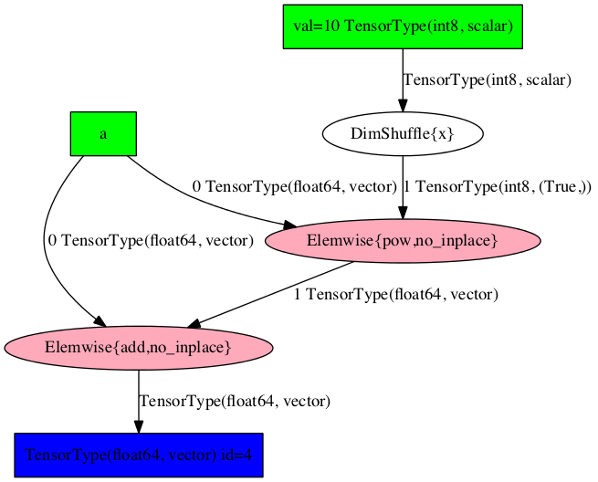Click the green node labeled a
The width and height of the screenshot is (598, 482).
tap(103, 133)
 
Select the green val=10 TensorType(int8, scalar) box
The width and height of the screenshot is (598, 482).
tap(403, 26)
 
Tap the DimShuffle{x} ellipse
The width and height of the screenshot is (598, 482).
tap(403, 134)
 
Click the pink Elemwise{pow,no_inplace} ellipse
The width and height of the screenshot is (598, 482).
tap(403, 241)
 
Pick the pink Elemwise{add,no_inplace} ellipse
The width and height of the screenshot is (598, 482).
tap(139, 348)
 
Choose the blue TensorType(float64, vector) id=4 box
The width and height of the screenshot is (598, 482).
tap(139, 455)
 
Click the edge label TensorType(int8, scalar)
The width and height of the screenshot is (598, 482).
tap(487, 80)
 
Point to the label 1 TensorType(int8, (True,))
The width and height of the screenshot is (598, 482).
tap(497, 187)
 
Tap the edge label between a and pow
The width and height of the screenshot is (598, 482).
tap(294, 187)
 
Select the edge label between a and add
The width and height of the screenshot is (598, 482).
tap(150, 241)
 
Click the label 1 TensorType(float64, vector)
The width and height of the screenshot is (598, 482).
tap(395, 294)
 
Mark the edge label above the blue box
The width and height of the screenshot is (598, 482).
tap(235, 401)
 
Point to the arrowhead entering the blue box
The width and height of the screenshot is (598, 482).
tap(139, 425)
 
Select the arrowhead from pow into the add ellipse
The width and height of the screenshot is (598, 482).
tap(194, 323)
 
